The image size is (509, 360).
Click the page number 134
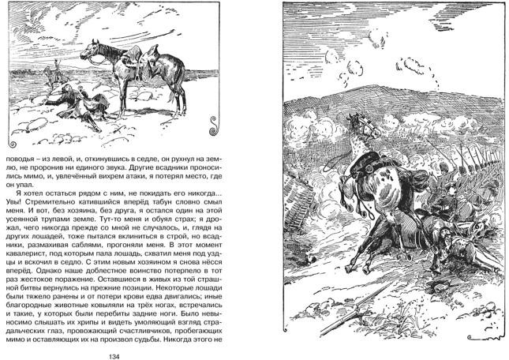[114, 353]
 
